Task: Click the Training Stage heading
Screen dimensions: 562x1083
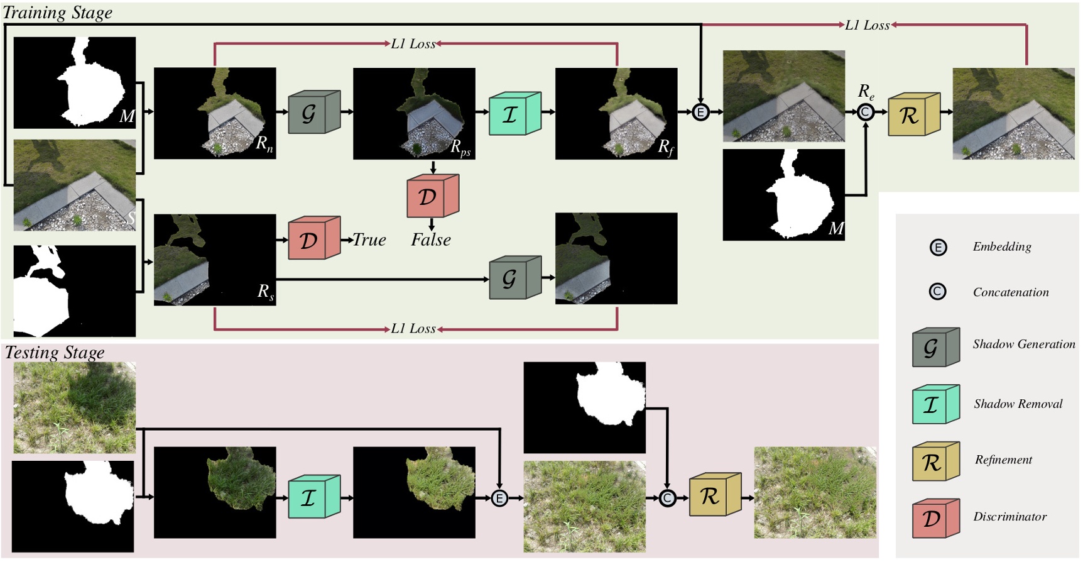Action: pos(58,13)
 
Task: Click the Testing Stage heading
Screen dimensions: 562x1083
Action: pos(55,353)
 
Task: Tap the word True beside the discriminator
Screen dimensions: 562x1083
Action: pos(369,240)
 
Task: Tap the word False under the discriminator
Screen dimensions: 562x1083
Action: pos(431,240)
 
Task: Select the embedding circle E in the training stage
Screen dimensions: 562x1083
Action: pos(700,113)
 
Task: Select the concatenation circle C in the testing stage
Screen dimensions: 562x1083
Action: pos(667,499)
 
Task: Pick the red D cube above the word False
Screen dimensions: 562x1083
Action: pos(432,196)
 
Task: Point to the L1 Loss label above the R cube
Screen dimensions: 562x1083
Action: pos(867,25)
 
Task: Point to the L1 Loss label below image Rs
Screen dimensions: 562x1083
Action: pos(413,329)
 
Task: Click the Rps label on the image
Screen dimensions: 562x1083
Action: pos(460,148)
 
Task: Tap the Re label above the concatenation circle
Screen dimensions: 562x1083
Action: pos(866,92)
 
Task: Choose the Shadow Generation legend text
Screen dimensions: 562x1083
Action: pos(1023,344)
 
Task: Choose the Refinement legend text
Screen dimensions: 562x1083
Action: pos(1003,460)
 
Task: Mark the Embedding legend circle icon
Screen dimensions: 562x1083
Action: pos(938,247)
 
